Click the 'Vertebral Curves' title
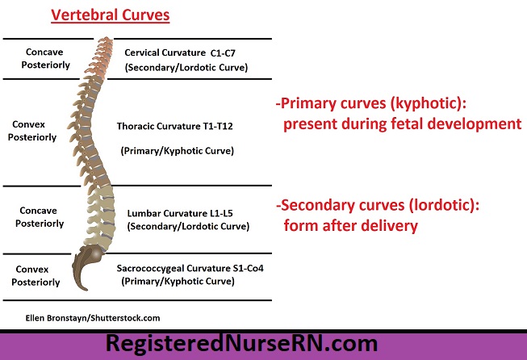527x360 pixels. pos(111,15)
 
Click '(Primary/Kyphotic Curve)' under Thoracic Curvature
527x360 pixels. pos(177,151)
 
